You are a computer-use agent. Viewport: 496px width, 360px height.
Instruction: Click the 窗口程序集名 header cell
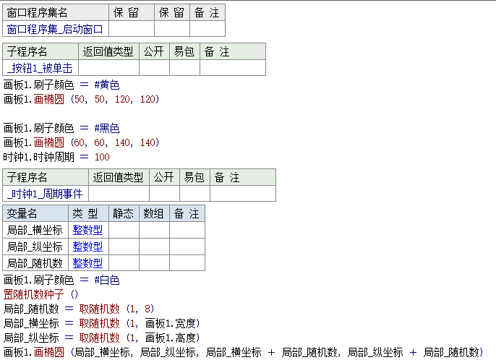click(x=38, y=12)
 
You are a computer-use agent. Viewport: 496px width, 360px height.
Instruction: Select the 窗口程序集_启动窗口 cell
click(x=55, y=29)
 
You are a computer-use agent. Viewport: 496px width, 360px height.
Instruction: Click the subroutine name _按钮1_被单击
click(x=40, y=68)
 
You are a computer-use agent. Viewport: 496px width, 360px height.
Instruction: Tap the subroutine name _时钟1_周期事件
click(x=45, y=194)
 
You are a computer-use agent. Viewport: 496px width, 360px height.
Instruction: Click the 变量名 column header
click(x=22, y=213)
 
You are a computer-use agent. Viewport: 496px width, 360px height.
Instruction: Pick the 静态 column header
click(x=123, y=213)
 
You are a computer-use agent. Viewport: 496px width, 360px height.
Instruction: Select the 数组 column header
click(x=154, y=213)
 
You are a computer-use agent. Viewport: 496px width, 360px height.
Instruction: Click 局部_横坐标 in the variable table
click(x=35, y=230)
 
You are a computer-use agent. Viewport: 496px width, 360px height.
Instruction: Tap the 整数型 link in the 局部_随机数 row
click(x=87, y=263)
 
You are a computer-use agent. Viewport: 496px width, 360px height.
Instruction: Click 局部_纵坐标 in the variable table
click(x=35, y=247)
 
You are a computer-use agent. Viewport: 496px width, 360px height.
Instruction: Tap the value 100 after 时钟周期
click(x=102, y=157)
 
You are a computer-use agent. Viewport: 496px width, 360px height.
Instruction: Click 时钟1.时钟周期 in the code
click(x=38, y=157)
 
